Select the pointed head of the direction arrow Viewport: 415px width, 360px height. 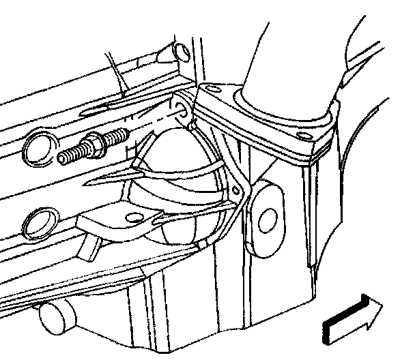point(371,310)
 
